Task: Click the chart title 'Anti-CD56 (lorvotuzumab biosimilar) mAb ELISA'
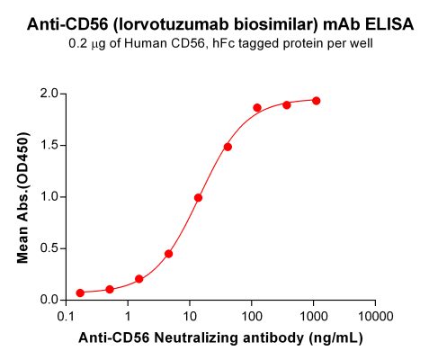(x=215, y=25)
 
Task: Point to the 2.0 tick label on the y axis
(x=49, y=94)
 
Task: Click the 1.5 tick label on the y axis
(x=49, y=145)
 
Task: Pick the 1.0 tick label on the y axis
(x=49, y=196)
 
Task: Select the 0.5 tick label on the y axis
(x=49, y=248)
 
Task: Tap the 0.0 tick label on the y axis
(x=49, y=300)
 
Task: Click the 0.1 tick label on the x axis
(x=66, y=317)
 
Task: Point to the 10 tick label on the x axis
(x=189, y=317)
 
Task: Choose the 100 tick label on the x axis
(x=250, y=317)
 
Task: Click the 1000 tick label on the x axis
(x=312, y=317)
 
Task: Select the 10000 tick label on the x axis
(x=373, y=317)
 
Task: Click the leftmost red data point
(x=80, y=292)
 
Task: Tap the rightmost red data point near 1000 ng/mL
(x=317, y=101)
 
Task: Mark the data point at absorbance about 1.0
(x=198, y=198)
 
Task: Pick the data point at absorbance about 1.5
(x=228, y=147)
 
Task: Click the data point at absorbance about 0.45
(x=169, y=254)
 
